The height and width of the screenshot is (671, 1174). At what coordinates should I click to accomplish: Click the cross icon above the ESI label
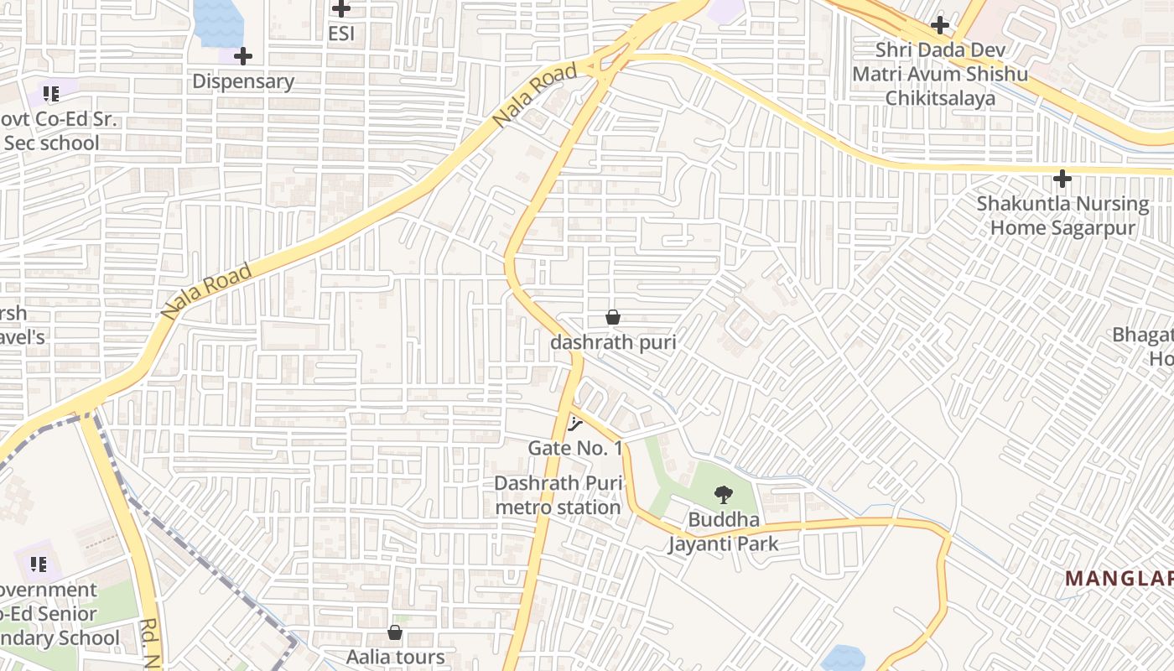[340, 9]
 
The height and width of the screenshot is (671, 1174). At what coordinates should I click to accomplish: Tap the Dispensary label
[243, 81]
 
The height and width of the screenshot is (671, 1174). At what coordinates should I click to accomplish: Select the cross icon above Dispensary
[243, 56]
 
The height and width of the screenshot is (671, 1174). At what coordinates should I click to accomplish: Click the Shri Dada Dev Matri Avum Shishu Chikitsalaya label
[940, 74]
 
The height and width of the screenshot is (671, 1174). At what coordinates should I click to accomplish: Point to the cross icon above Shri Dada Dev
[940, 25]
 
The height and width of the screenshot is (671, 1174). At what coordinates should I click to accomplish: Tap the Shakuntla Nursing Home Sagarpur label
[1062, 216]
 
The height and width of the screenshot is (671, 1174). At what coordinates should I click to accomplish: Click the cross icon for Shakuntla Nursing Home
[1062, 179]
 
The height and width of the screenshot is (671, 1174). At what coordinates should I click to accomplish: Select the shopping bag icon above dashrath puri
[613, 317]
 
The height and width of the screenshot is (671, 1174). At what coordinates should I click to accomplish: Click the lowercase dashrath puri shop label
[613, 342]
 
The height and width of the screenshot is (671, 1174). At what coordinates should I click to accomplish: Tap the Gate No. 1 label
[575, 448]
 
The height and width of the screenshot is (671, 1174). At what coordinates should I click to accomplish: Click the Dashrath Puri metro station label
[558, 495]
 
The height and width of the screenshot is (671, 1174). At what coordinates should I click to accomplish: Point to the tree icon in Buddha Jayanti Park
[723, 495]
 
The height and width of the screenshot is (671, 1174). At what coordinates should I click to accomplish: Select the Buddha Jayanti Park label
[723, 532]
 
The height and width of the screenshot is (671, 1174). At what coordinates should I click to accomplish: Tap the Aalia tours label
[395, 656]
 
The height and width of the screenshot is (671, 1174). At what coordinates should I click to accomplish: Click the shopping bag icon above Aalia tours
[395, 632]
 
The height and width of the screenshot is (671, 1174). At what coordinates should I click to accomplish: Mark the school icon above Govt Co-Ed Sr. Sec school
[51, 93]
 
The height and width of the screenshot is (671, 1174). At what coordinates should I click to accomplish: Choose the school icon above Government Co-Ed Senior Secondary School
[38, 564]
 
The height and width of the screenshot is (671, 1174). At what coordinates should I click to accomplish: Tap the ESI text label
[341, 34]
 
